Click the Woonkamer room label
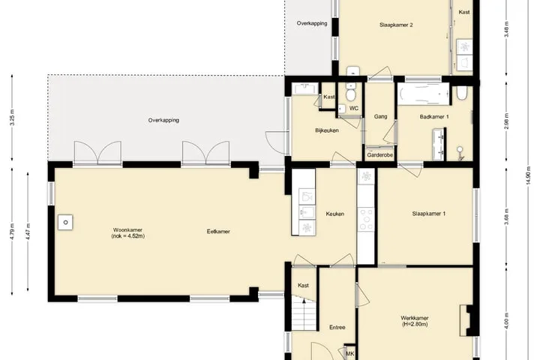[127, 230]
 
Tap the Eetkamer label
[218, 232]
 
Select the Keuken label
[335, 214]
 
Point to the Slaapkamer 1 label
[429, 214]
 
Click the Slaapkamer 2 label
[396, 25]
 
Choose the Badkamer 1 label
[434, 117]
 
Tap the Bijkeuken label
[327, 130]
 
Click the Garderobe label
[379, 155]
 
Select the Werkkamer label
[415, 318]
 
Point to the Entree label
[337, 327]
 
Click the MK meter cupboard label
[350, 354]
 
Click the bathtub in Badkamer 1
[424, 94]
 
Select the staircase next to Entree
[304, 313]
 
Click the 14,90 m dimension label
[529, 177]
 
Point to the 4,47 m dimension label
[28, 232]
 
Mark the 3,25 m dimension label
[12, 118]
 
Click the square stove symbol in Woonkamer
[65, 223]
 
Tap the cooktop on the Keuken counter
[366, 219]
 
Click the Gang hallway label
[380, 117]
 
